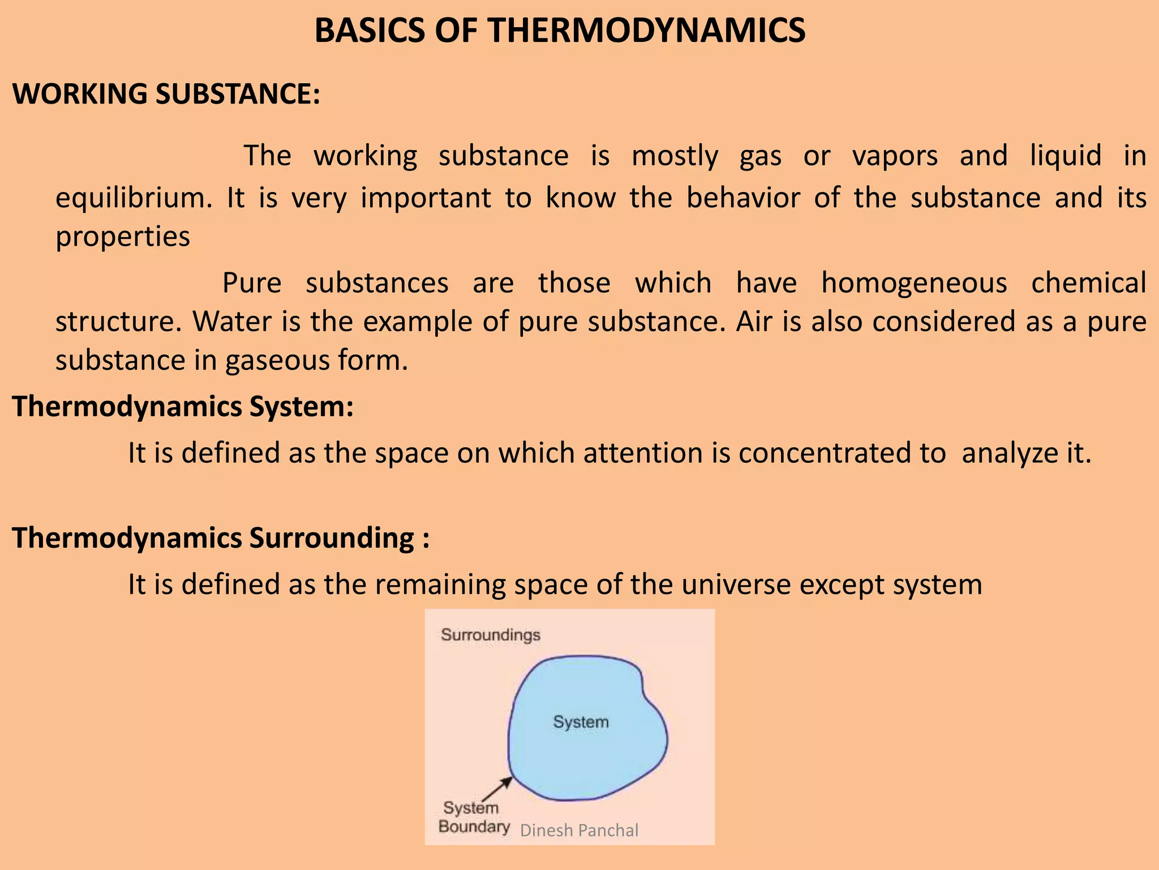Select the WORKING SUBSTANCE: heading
pyautogui.click(x=166, y=93)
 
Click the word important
pyautogui.click(x=426, y=198)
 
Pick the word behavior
pyautogui.click(x=743, y=198)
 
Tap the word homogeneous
pyautogui.click(x=914, y=283)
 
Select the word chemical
pyautogui.click(x=1088, y=283)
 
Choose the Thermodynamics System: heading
pyautogui.click(x=183, y=407)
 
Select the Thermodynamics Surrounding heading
pyautogui.click(x=221, y=538)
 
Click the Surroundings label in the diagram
pyautogui.click(x=491, y=635)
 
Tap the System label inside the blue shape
pyautogui.click(x=581, y=722)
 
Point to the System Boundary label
pyautogui.click(x=473, y=817)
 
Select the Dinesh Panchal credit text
pyautogui.click(x=579, y=830)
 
